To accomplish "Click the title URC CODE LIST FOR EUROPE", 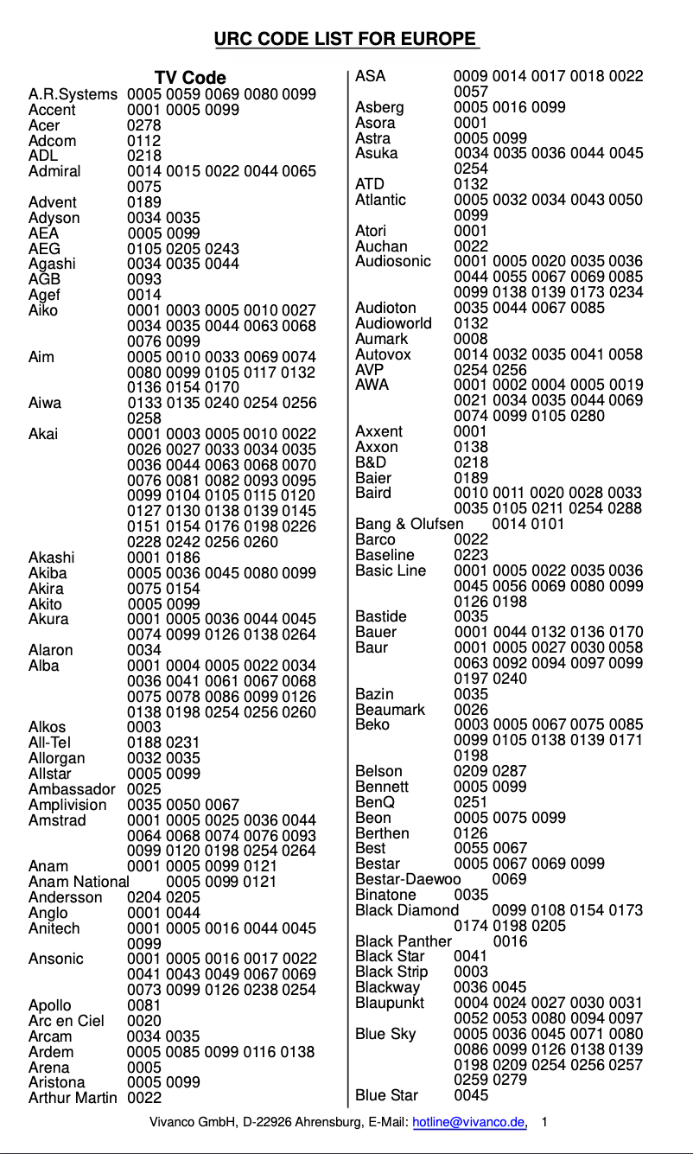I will pyautogui.click(x=346, y=39).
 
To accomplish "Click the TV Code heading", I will pyautogui.click(x=190, y=79).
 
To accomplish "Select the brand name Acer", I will pyautogui.click(x=44, y=125).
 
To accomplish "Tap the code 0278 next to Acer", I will pyautogui.click(x=143, y=125).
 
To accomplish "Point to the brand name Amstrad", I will pyautogui.click(x=57, y=820).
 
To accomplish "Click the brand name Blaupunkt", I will pyautogui.click(x=390, y=1003).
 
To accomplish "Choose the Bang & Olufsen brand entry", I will pyautogui.click(x=409, y=524).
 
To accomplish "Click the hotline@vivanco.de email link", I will pyautogui.click(x=469, y=1122).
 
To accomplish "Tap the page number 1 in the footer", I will pyautogui.click(x=544, y=1122).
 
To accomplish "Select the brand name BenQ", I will pyautogui.click(x=376, y=802).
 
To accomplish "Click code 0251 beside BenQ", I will pyautogui.click(x=471, y=802).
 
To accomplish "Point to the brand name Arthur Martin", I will pyautogui.click(x=72, y=1098).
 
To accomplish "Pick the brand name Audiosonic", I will pyautogui.click(x=393, y=261).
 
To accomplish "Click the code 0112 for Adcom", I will pyautogui.click(x=143, y=141).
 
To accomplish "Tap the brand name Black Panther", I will pyautogui.click(x=404, y=941).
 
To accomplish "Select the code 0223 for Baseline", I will pyautogui.click(x=471, y=555).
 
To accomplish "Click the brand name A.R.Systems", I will pyautogui.click(x=73, y=94).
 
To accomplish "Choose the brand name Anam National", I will pyautogui.click(x=79, y=882).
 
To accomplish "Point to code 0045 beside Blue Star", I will pyautogui.click(x=471, y=1095).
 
